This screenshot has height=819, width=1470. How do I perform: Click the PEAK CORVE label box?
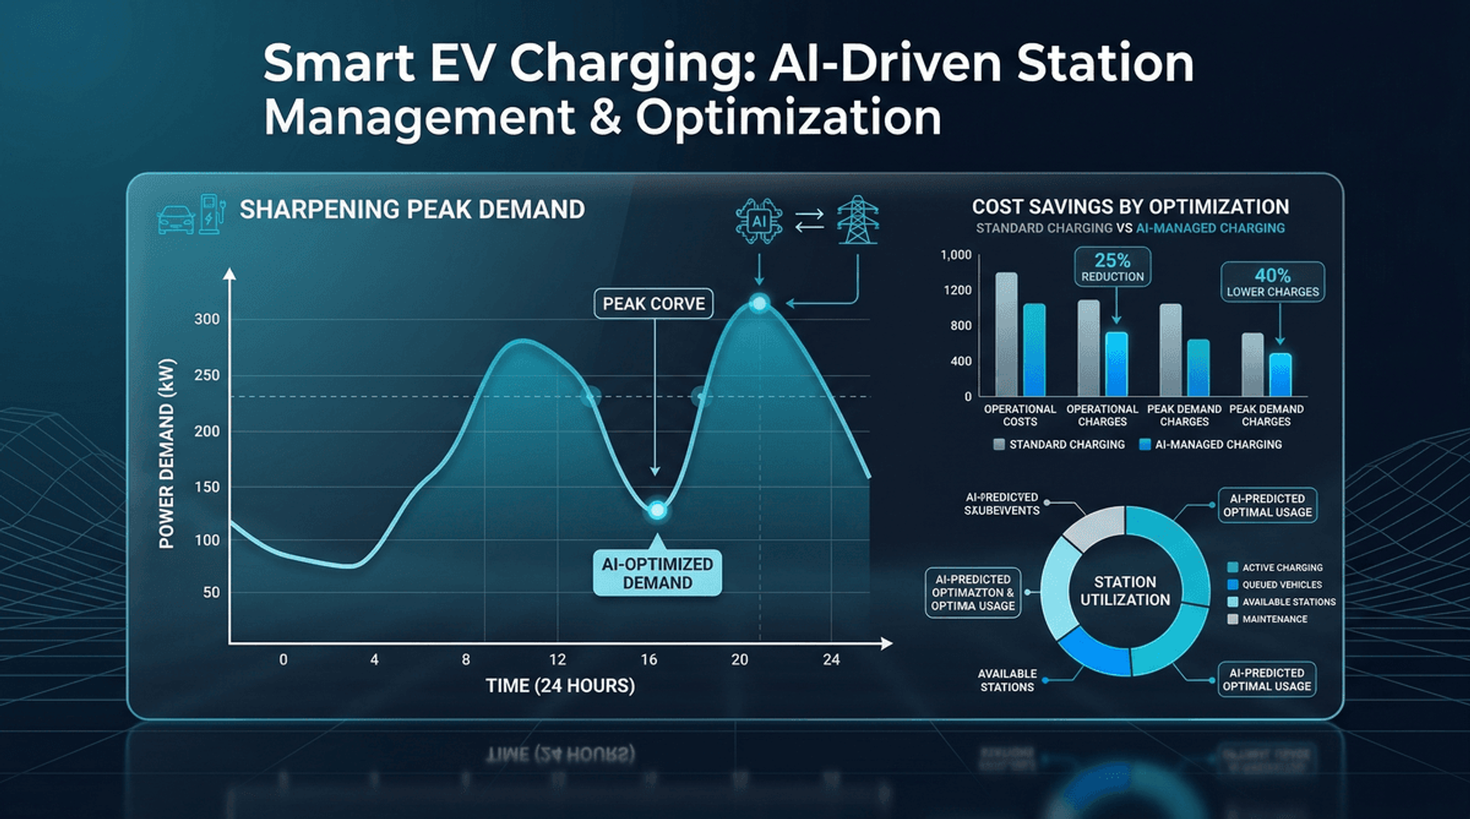pyautogui.click(x=653, y=304)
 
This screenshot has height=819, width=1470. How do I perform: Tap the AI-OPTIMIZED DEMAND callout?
pyautogui.click(x=657, y=573)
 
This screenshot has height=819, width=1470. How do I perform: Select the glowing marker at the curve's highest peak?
pyautogui.click(x=759, y=304)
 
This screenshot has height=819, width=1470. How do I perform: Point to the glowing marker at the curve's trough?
pyautogui.click(x=657, y=510)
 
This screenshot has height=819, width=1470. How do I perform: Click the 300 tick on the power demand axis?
pyautogui.click(x=207, y=319)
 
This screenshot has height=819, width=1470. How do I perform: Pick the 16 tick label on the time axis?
pyautogui.click(x=648, y=660)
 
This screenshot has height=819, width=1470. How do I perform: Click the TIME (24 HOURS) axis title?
pyautogui.click(x=560, y=686)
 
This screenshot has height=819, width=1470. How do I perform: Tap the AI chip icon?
pyautogui.click(x=758, y=222)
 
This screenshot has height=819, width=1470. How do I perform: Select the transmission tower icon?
pyautogui.click(x=857, y=220)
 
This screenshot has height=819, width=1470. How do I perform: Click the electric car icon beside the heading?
pyautogui.click(x=176, y=219)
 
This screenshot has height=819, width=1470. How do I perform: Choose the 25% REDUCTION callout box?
pyautogui.click(x=1112, y=267)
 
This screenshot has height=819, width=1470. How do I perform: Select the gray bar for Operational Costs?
pyautogui.click(x=1006, y=334)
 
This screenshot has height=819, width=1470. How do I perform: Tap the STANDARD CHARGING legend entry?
pyautogui.click(x=1059, y=445)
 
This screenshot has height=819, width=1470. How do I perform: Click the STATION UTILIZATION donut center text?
pyautogui.click(x=1125, y=591)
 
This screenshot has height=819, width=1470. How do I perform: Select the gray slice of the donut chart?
pyautogui.click(x=1094, y=527)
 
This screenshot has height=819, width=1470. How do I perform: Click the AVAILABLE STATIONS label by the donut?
pyautogui.click(x=1007, y=680)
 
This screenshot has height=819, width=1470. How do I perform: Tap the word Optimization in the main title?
pyautogui.click(x=788, y=118)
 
